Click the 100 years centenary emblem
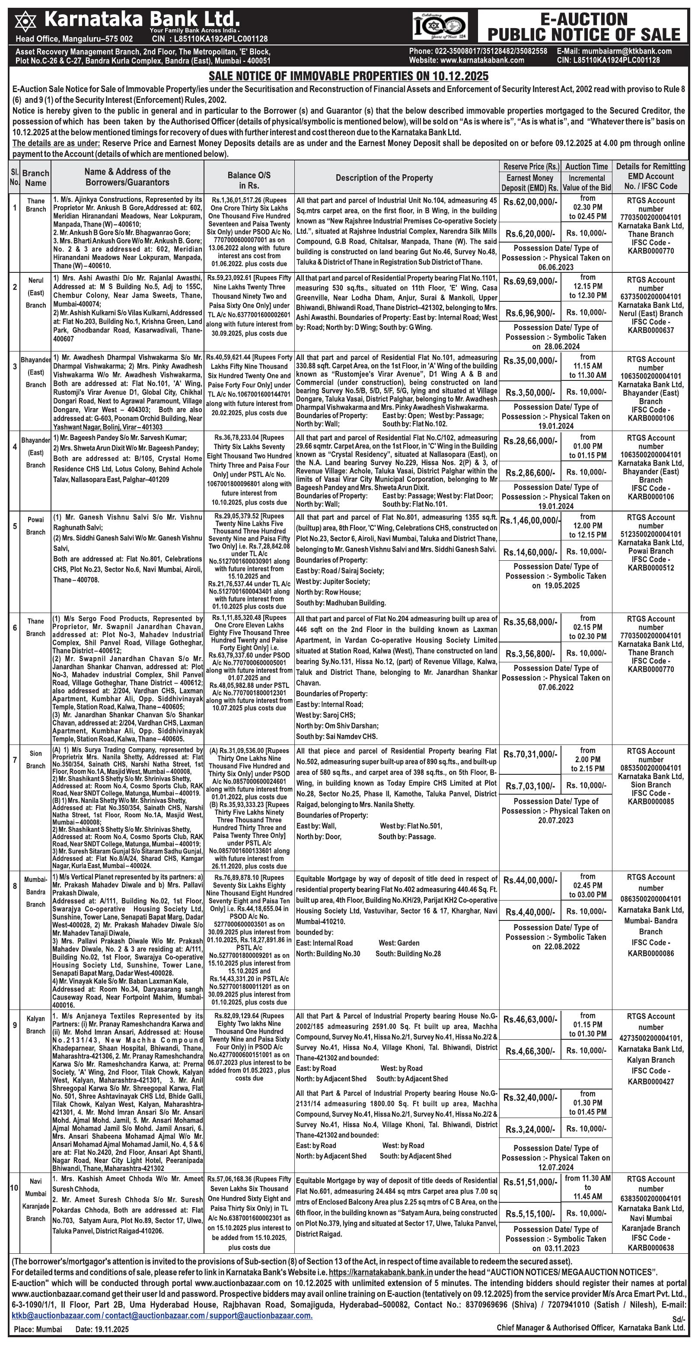click(440, 26)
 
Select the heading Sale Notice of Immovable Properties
click(348, 76)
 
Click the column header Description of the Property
click(384, 178)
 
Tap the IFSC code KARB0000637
click(650, 330)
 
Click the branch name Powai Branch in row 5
click(36, 526)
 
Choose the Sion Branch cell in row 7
click(36, 760)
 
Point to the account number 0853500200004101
click(650, 768)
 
